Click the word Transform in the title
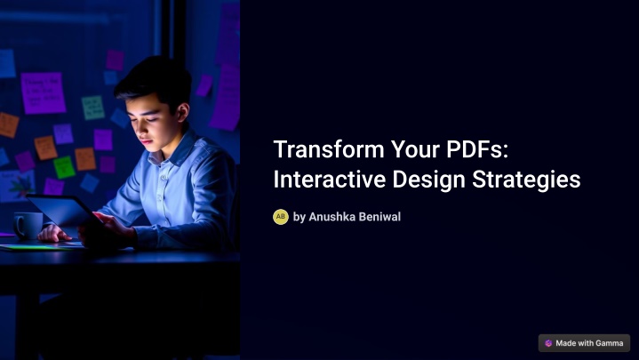329,149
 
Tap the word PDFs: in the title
477,149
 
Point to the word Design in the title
428,180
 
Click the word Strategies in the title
526,180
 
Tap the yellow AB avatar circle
281,217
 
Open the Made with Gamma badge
584,343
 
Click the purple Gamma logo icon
548,343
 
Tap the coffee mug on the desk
28,226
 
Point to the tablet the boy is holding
61,212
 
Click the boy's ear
182,112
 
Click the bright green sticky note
64,167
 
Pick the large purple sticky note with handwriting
43,93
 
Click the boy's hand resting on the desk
54,234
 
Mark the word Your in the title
415,149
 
